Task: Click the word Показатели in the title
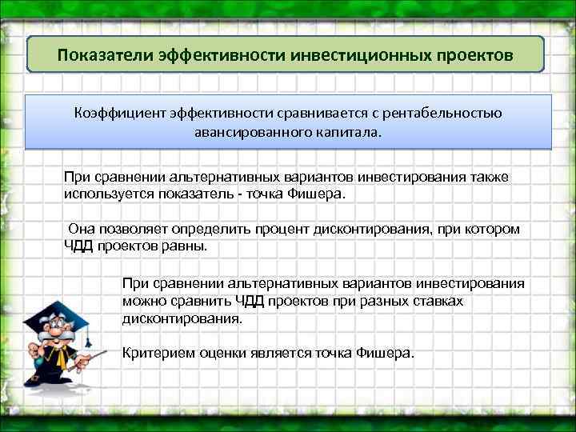98,56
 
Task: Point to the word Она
82,230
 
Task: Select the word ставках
440,301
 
